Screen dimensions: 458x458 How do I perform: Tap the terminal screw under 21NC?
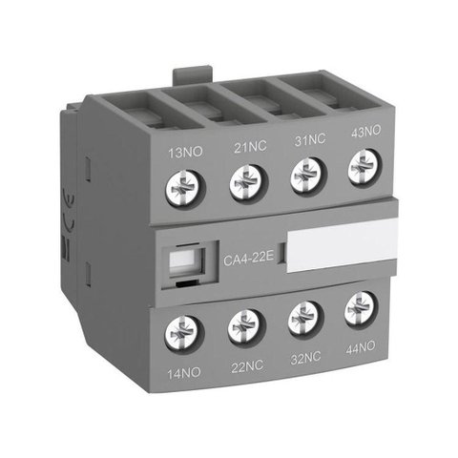coord(245,180)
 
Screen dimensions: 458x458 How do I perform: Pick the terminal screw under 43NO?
coord(362,169)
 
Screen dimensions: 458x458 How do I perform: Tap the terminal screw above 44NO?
coord(361,308)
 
